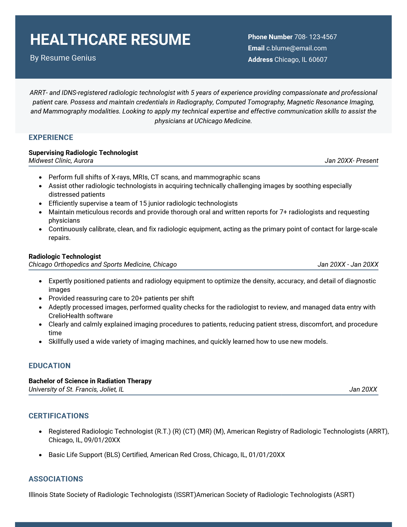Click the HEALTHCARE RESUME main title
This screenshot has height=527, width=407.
(x=110, y=40)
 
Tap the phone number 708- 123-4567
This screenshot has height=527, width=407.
(x=315, y=37)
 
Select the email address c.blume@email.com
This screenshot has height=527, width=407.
(x=296, y=48)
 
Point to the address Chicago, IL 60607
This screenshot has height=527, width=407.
(x=301, y=60)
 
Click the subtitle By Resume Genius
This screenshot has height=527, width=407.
(x=63, y=58)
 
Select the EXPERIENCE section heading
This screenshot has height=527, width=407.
(x=51, y=137)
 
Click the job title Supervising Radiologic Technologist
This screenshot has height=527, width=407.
(x=83, y=153)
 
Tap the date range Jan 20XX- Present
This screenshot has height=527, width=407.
(x=351, y=161)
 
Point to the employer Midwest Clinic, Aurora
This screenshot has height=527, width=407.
(x=61, y=161)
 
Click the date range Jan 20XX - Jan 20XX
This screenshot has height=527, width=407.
(x=348, y=264)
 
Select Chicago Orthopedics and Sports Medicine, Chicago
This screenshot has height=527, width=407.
(x=103, y=264)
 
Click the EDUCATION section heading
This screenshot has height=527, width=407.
(x=49, y=366)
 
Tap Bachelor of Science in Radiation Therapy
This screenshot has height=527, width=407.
(x=90, y=381)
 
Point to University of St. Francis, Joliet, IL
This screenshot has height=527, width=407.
(x=76, y=389)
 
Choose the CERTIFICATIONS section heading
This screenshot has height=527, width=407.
(x=59, y=416)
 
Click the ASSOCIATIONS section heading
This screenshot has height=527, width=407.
(x=56, y=479)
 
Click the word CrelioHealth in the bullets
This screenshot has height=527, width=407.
(x=64, y=316)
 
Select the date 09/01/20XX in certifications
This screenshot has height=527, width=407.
(x=102, y=440)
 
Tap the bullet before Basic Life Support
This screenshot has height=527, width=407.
(x=40, y=455)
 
